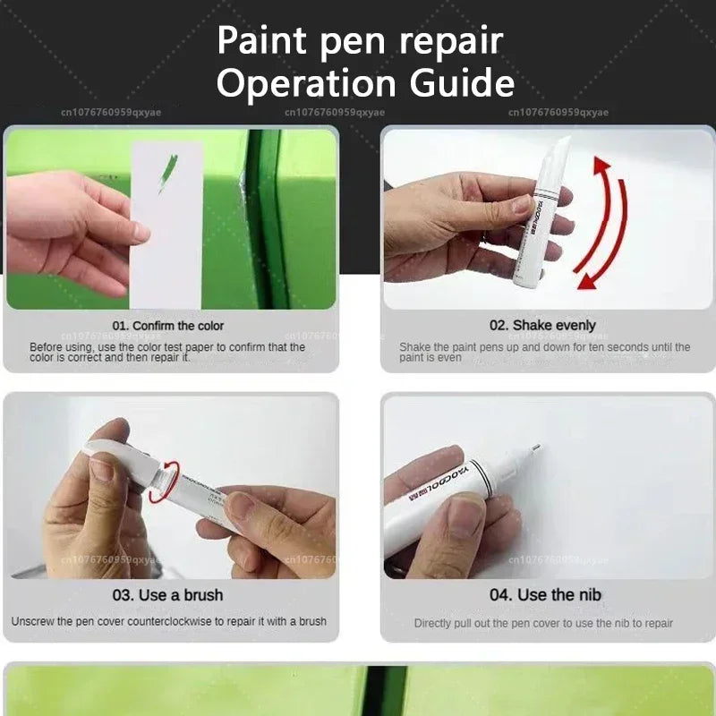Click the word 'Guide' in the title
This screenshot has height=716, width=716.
click(463, 83)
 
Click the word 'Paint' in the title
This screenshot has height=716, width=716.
click(261, 41)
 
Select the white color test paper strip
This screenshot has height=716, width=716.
click(167, 224)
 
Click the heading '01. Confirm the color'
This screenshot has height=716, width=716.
click(168, 326)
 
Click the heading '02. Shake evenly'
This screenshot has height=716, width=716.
click(542, 326)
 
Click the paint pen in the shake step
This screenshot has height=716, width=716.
click(544, 201)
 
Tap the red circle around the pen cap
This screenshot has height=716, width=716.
click(164, 482)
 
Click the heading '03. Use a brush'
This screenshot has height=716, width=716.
click(168, 595)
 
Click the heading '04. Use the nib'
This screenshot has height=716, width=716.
click(546, 595)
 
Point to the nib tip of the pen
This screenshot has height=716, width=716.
click(535, 447)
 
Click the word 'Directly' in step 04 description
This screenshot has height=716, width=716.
click(434, 623)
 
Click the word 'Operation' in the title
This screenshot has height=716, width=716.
click(301, 83)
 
